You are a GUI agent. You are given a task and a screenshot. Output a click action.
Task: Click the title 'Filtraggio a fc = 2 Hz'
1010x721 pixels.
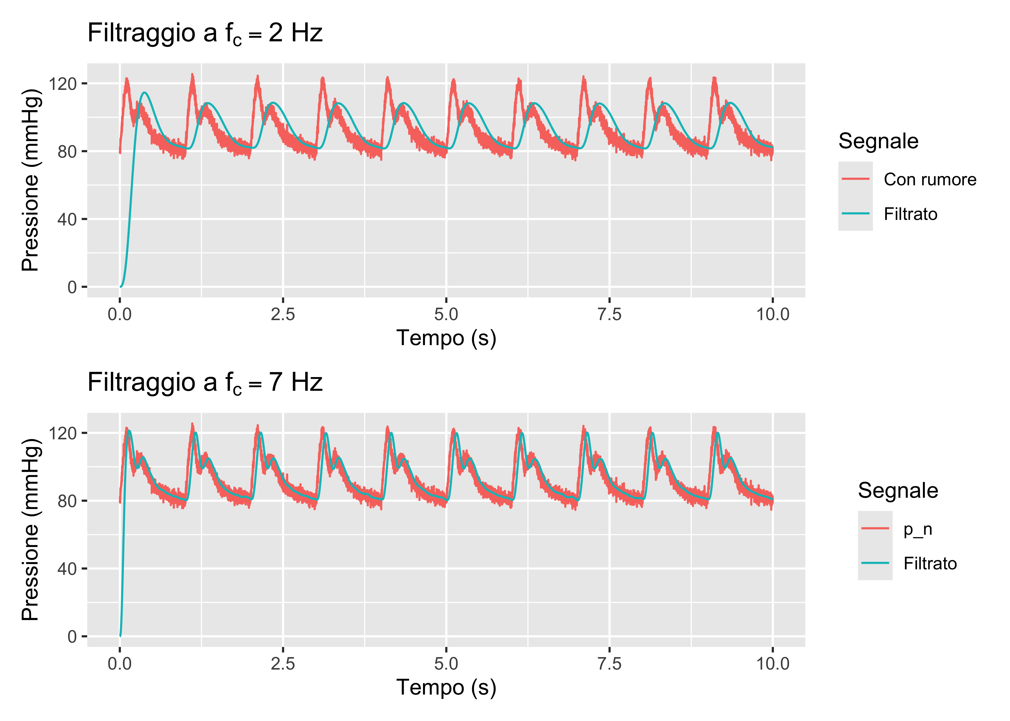pyautogui.click(x=205, y=33)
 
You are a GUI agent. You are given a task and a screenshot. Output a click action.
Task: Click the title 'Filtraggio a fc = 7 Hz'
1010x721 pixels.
pyautogui.click(x=205, y=383)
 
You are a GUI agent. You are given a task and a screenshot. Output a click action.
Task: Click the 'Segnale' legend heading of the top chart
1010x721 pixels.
pyautogui.click(x=878, y=141)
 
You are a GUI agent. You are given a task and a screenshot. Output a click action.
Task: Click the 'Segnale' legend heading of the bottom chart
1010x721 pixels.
pyautogui.click(x=898, y=491)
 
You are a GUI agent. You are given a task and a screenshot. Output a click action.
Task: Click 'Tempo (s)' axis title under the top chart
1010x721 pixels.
pyautogui.click(x=446, y=338)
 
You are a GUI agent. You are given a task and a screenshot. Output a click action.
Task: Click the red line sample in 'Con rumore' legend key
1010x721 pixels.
pyautogui.click(x=855, y=179)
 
